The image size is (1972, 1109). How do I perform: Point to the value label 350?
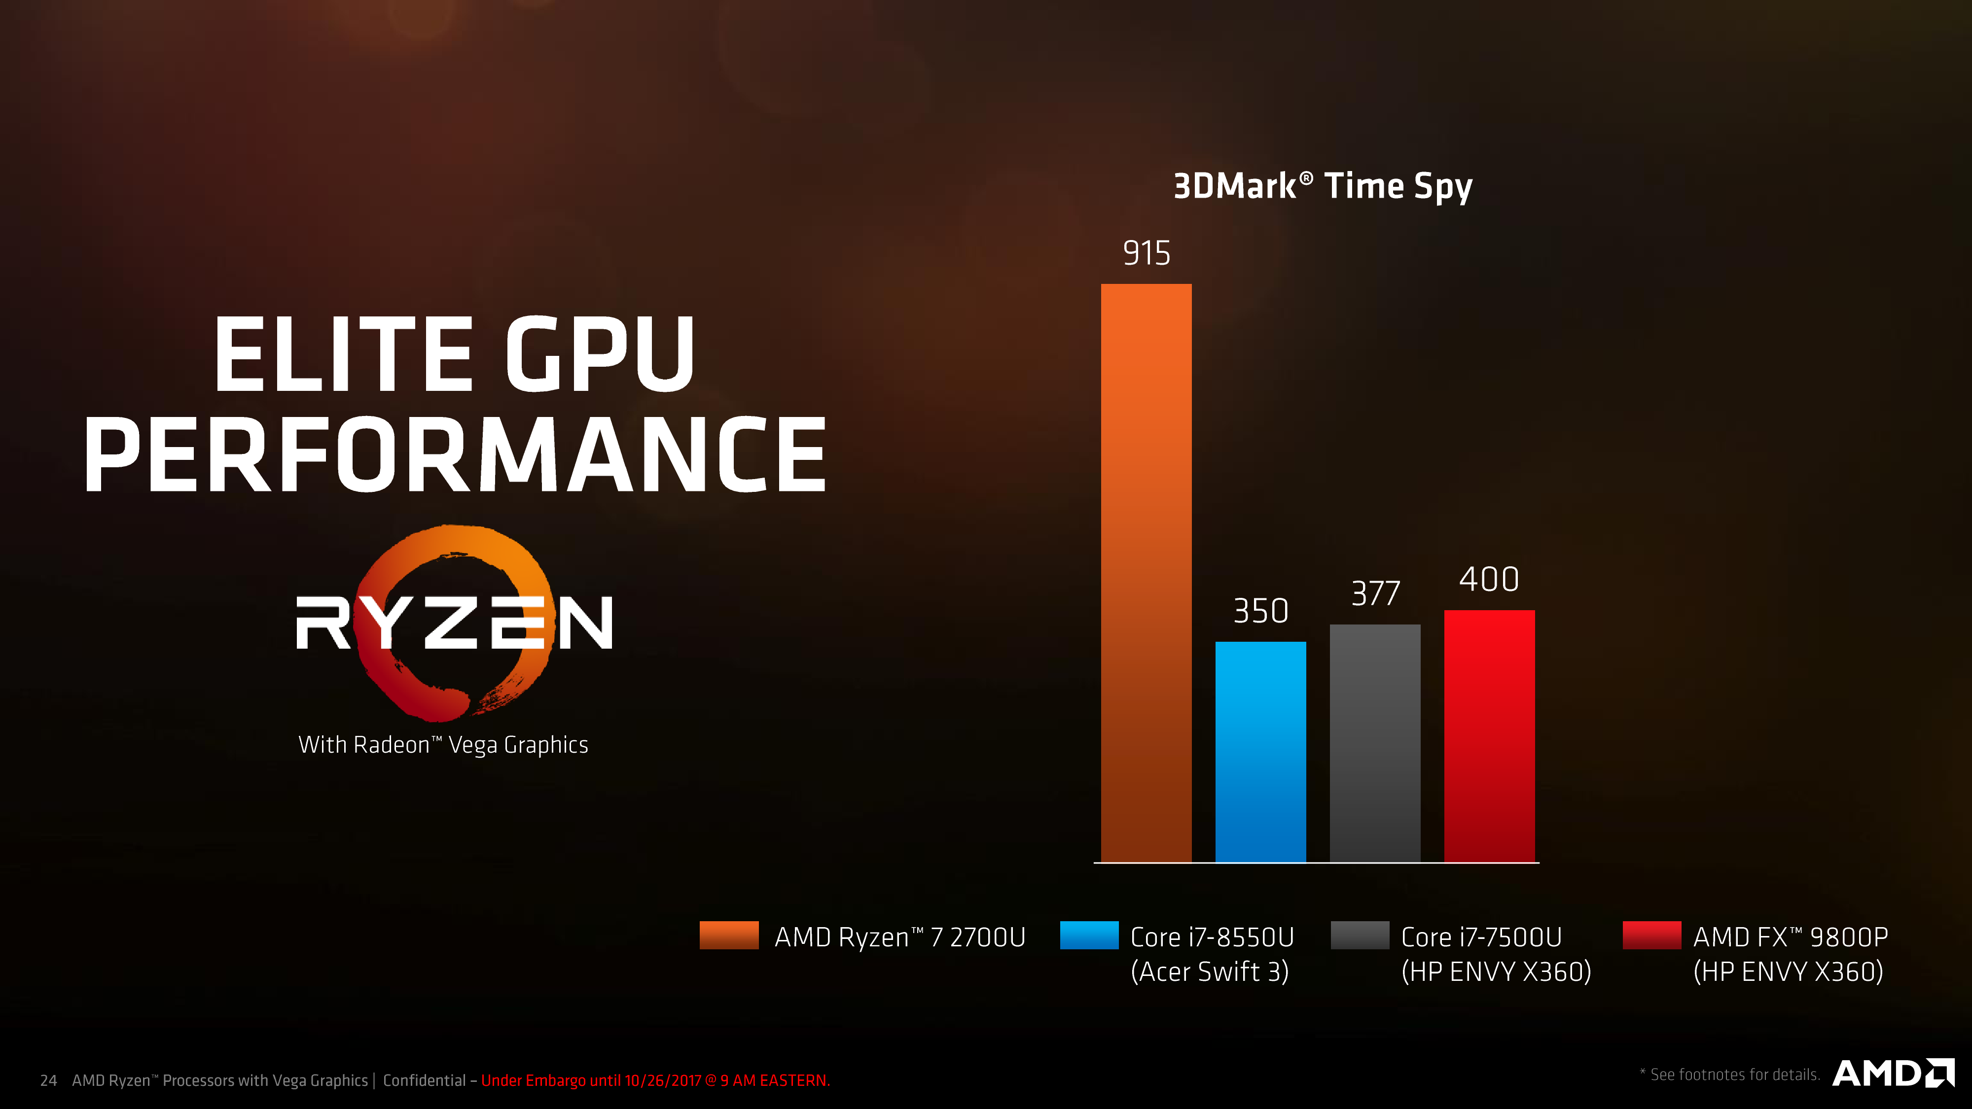click(1260, 611)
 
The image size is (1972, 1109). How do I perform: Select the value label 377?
click(1375, 593)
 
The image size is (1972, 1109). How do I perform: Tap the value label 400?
click(1489, 579)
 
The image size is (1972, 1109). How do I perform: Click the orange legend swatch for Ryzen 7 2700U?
click(729, 936)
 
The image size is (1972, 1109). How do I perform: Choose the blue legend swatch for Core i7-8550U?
click(1089, 936)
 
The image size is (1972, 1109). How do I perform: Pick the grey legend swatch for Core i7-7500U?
click(1360, 936)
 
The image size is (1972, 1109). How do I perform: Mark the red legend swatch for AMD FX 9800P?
click(1651, 936)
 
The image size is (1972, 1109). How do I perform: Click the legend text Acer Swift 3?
click(1210, 971)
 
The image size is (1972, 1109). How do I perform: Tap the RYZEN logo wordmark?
click(454, 622)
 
